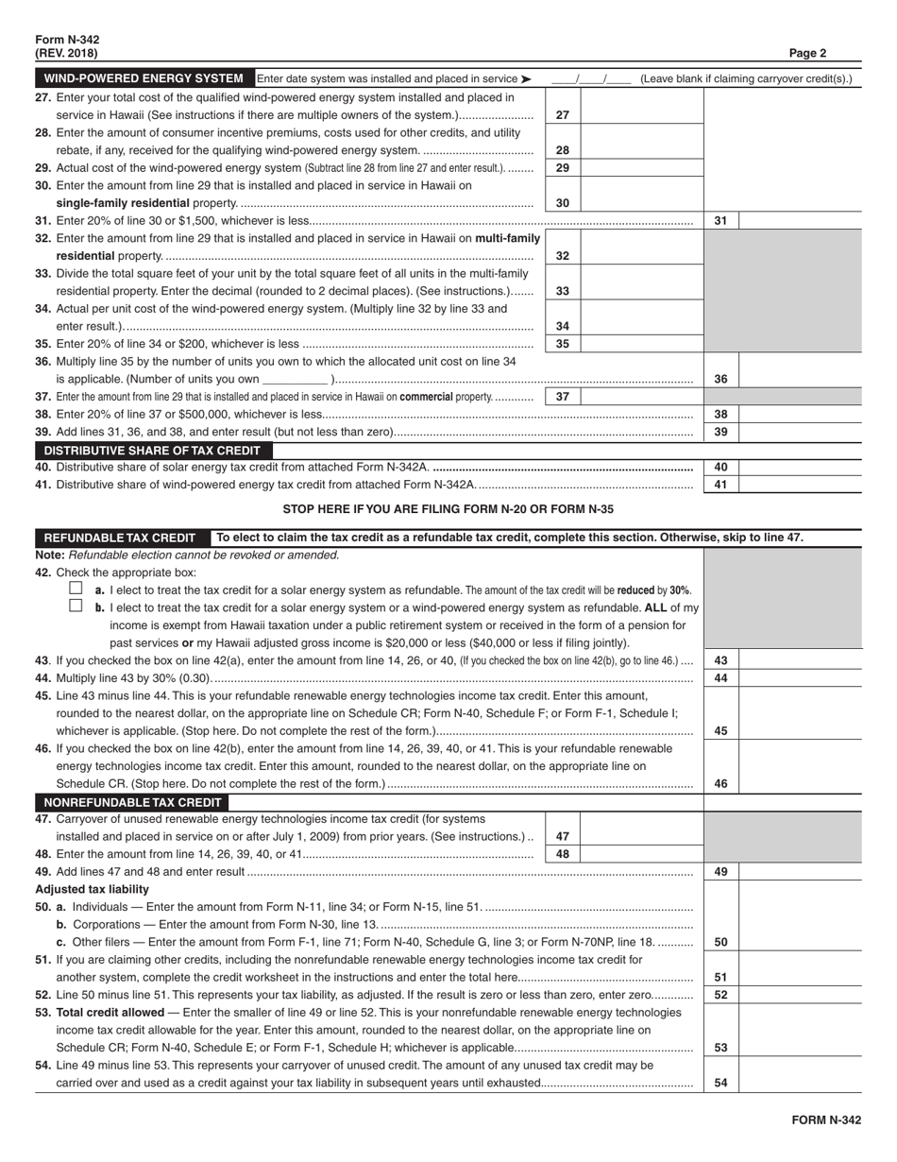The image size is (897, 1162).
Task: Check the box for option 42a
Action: [x=76, y=588]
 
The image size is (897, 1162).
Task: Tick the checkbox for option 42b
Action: [x=76, y=607]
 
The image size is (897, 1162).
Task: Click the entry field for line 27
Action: [x=641, y=114]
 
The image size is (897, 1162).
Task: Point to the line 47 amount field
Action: [x=641, y=836]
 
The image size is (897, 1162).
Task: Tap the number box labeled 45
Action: [x=720, y=730]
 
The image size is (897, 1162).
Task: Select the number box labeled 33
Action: [x=562, y=291]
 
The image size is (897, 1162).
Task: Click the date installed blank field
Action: [x=591, y=79]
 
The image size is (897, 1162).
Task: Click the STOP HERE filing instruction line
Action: [x=448, y=509]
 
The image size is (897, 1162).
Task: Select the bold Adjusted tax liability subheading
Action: [x=92, y=889]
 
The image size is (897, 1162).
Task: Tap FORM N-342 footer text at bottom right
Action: [x=826, y=1120]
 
